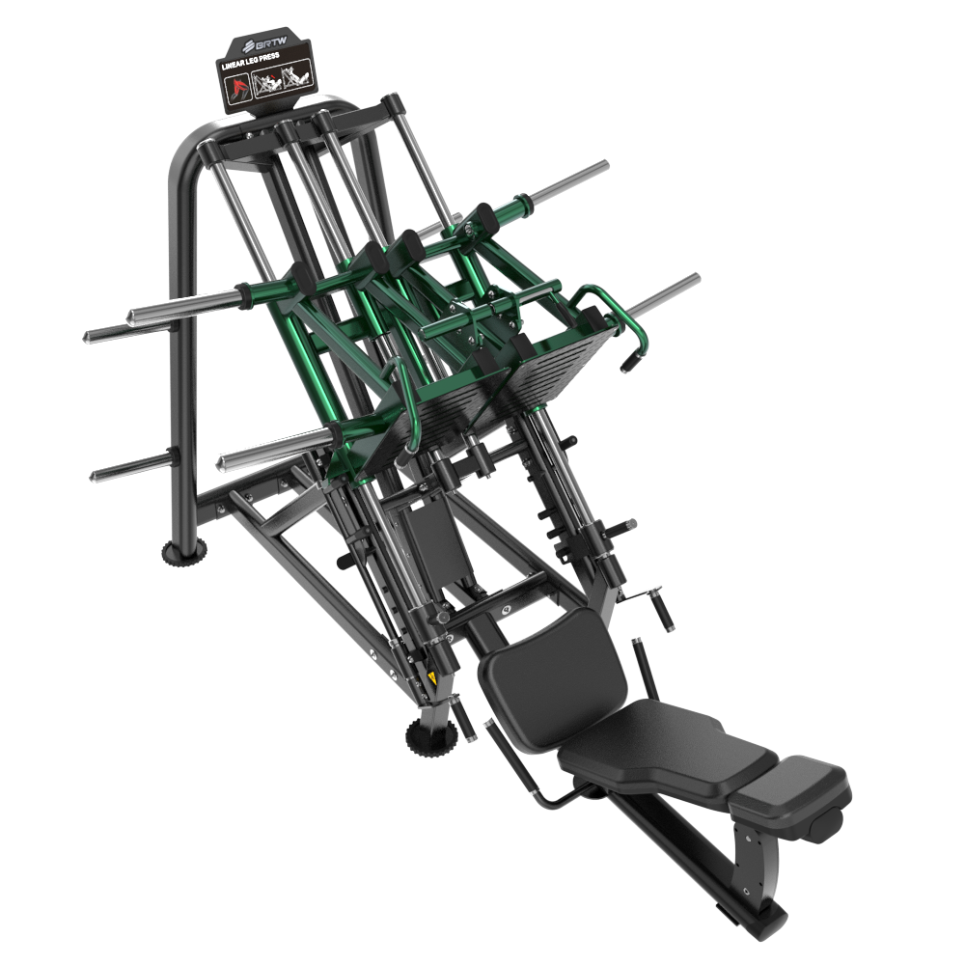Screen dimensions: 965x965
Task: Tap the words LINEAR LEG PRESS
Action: click(x=251, y=61)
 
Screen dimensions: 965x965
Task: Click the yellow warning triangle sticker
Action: click(x=431, y=678)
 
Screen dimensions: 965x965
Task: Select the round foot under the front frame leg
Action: click(x=430, y=735)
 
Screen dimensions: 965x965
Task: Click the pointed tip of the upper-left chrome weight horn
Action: click(x=86, y=337)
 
